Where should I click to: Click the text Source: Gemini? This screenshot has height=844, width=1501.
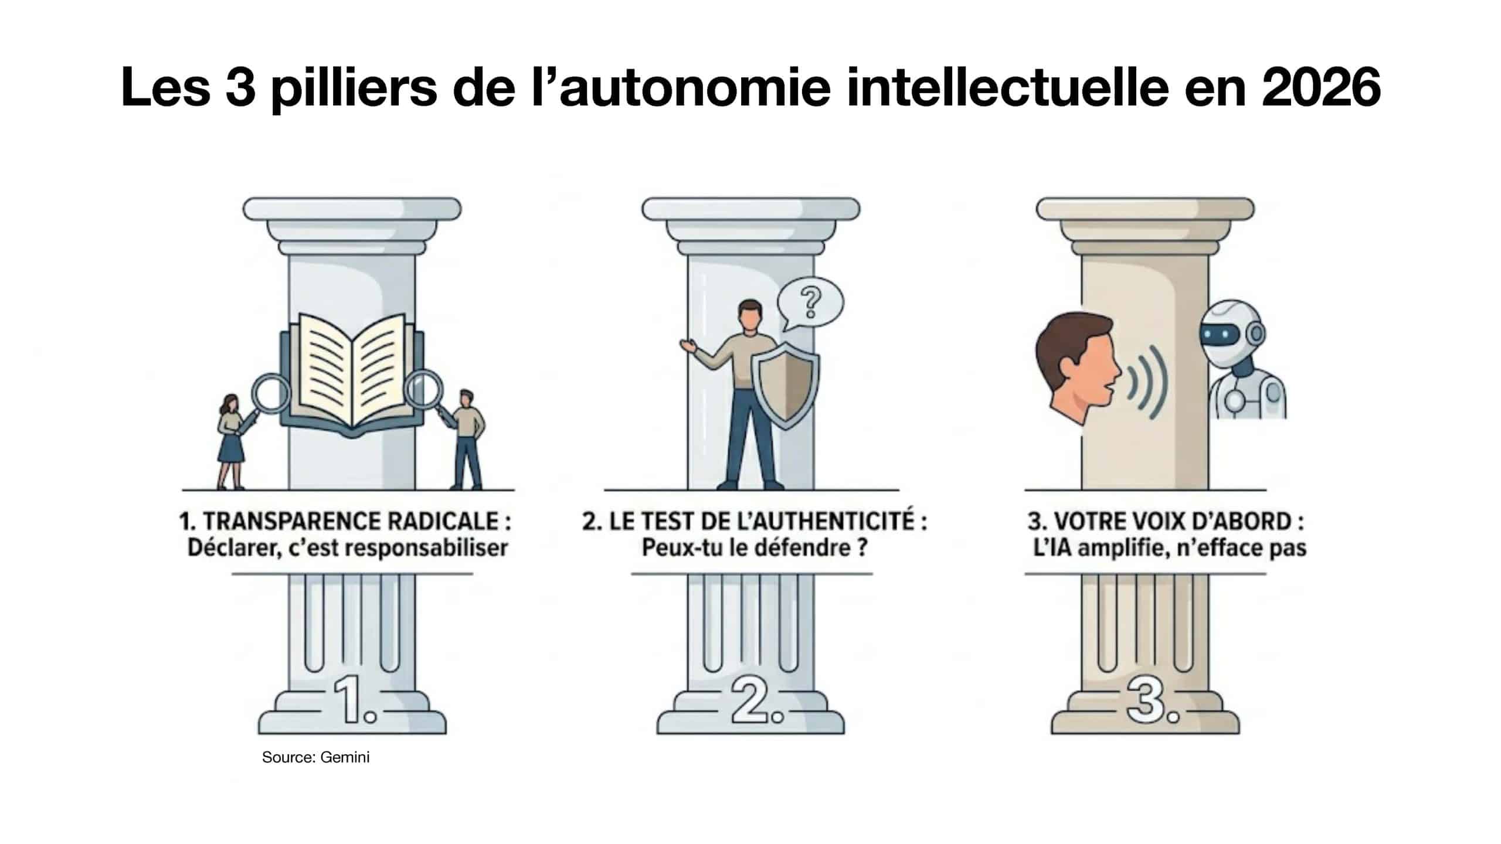click(315, 757)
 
